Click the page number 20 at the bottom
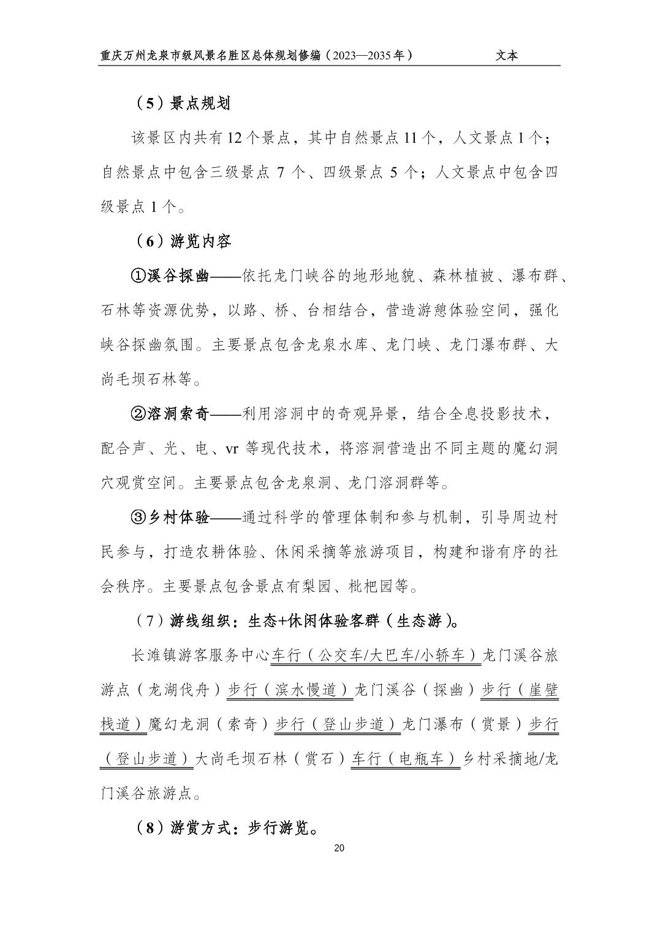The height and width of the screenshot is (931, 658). coord(340,848)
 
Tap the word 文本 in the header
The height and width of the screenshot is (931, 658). coord(507,56)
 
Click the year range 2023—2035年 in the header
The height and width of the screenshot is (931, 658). coord(368,56)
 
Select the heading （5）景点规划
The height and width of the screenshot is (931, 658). coord(182,104)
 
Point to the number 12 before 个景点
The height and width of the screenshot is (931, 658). coord(236,138)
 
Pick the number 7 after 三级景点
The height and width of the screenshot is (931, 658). coord(281,173)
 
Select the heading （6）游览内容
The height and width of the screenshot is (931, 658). coord(182,241)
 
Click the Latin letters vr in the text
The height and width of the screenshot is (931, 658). coord(232,449)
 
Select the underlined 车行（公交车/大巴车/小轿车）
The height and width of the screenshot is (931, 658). coord(376,655)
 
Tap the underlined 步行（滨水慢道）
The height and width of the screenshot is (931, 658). coord(290,690)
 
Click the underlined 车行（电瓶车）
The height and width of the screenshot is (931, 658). coord(405,759)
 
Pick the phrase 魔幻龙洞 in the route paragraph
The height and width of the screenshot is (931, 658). coord(172,725)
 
